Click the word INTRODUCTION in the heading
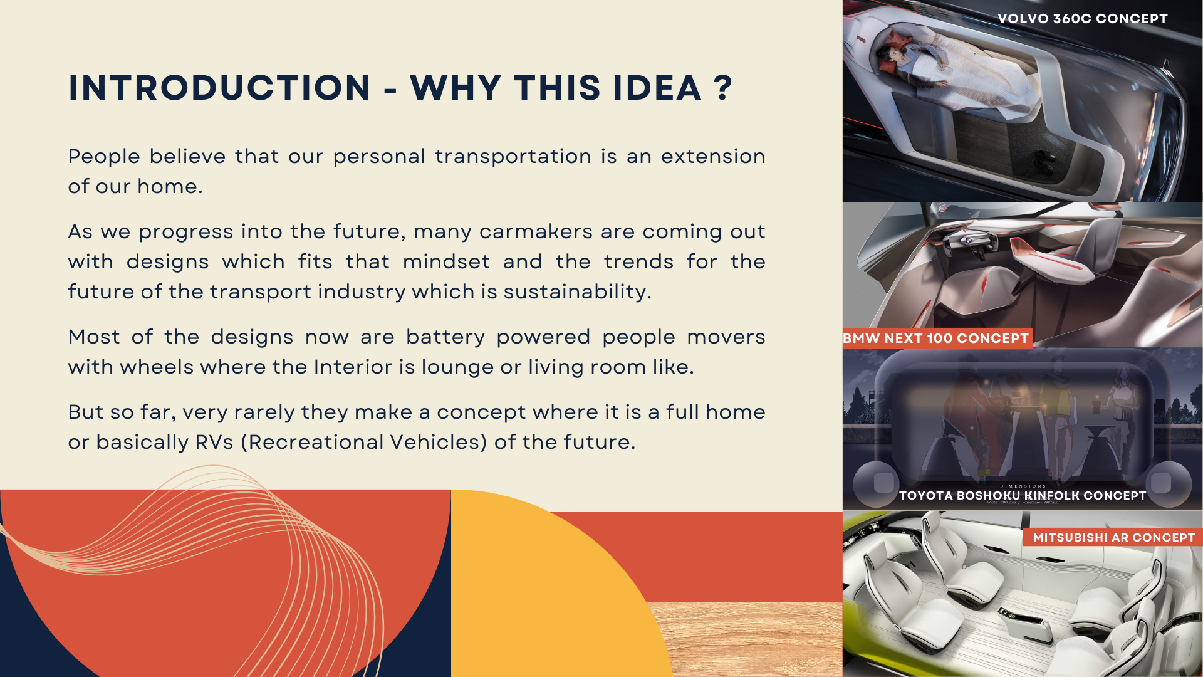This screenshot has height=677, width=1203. pos(220,88)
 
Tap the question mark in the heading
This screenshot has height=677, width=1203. pos(722,88)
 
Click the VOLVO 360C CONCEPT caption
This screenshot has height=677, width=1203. pos(1083,19)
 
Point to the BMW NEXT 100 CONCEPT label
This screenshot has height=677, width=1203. pos(935,338)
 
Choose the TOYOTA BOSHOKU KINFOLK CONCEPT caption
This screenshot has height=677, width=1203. pos(1023,496)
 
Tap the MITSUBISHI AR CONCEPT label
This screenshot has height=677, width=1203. pos(1114,538)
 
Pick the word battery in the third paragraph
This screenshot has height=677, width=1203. pos(445,337)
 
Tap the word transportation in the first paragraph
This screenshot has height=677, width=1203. pos(513,157)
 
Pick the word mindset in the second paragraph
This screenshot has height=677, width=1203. pos(446,262)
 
